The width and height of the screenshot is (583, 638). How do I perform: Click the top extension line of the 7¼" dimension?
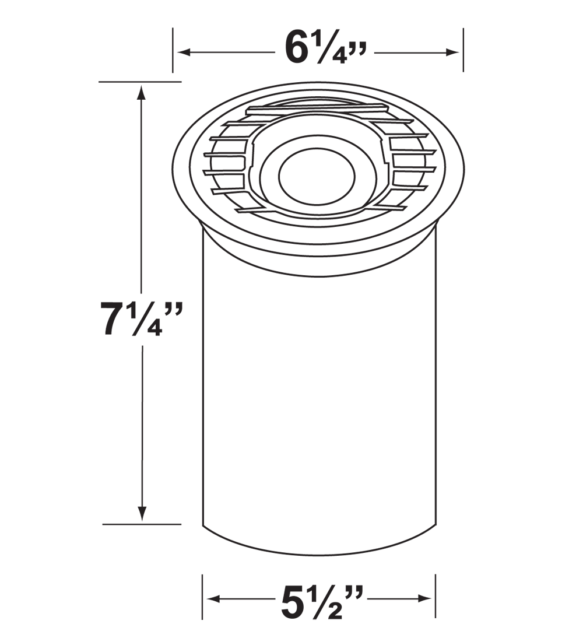click(140, 82)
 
